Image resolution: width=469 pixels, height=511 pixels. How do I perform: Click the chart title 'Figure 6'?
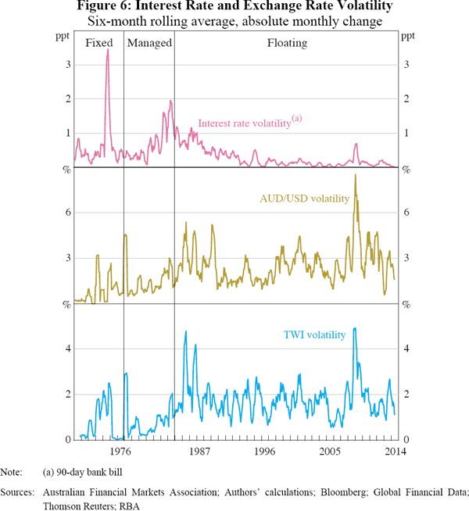pos(234,7)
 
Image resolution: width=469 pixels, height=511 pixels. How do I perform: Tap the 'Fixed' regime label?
pos(98,43)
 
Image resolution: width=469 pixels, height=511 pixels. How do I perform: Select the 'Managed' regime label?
pos(149,43)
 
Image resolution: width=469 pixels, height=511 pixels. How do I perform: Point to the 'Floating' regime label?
pos(287,43)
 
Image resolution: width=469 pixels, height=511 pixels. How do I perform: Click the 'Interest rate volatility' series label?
pos(244,123)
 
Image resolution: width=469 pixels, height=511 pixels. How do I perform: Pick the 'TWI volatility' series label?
pos(313,335)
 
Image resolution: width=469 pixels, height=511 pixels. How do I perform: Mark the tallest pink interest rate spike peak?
pos(108,50)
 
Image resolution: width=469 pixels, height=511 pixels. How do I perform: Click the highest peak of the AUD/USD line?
pos(355,174)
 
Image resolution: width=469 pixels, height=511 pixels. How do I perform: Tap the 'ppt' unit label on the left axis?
pos(60,37)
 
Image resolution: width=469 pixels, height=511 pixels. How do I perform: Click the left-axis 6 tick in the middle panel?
pos(66,213)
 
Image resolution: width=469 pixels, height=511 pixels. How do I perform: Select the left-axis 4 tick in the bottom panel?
pos(66,348)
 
